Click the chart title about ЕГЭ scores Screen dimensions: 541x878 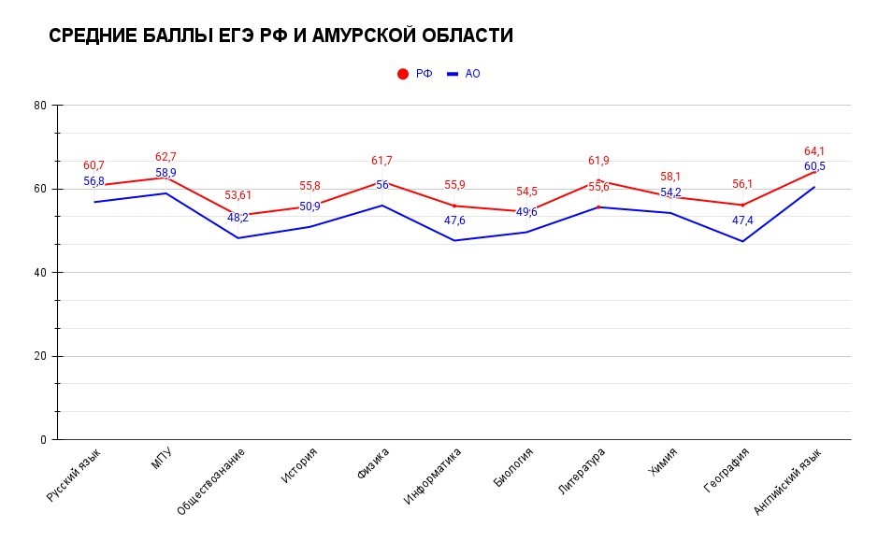point(281,36)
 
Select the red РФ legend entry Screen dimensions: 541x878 point(415,74)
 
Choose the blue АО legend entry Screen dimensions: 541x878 point(464,74)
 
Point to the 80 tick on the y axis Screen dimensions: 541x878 point(40,106)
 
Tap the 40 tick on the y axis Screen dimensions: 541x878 point(40,273)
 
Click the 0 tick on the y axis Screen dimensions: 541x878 point(43,440)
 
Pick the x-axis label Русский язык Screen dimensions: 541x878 point(75,475)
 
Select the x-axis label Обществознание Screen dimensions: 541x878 point(212,480)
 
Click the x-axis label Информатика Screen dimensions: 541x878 point(435,476)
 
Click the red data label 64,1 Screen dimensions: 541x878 point(814,151)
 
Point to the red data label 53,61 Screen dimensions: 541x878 point(237,195)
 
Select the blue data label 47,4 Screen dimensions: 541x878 point(742,221)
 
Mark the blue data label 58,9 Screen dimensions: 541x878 point(166,173)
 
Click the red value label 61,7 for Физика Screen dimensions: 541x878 point(381,161)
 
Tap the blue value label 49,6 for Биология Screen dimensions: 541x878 point(526,212)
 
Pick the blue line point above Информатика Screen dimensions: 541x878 point(454,240)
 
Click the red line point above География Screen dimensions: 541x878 point(742,206)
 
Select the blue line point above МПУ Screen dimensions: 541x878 point(166,193)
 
